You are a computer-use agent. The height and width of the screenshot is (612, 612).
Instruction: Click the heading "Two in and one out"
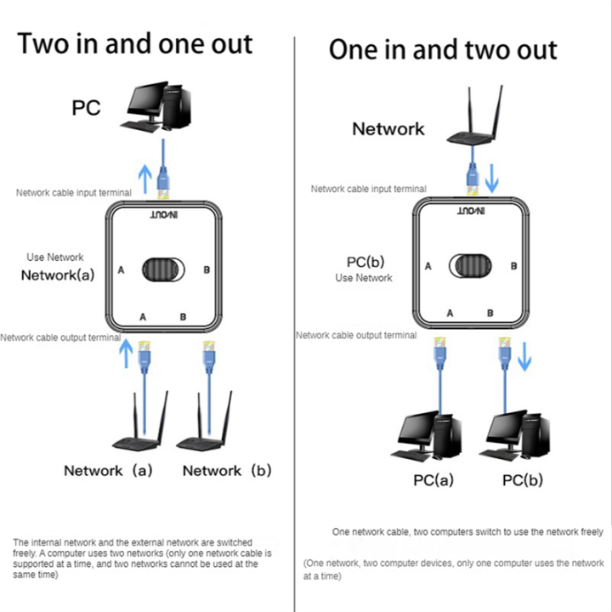135,43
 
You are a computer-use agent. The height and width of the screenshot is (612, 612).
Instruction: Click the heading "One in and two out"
443,49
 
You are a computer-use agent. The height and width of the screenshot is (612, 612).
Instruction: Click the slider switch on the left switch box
162,269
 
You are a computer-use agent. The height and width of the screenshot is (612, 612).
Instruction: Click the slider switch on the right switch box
470,265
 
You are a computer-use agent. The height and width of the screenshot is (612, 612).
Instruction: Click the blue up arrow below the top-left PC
145,177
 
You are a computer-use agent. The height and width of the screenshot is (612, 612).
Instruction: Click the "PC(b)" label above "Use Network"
360,262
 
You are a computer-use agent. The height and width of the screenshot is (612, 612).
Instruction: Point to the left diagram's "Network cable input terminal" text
74,193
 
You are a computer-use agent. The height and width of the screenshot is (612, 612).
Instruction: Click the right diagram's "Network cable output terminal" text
356,335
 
